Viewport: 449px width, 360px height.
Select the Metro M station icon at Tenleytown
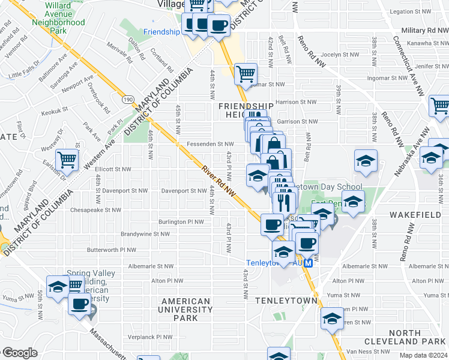[x=309, y=263]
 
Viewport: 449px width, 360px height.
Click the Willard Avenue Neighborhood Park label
[x=58, y=17]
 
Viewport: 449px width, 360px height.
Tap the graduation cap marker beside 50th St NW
[x=58, y=287]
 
